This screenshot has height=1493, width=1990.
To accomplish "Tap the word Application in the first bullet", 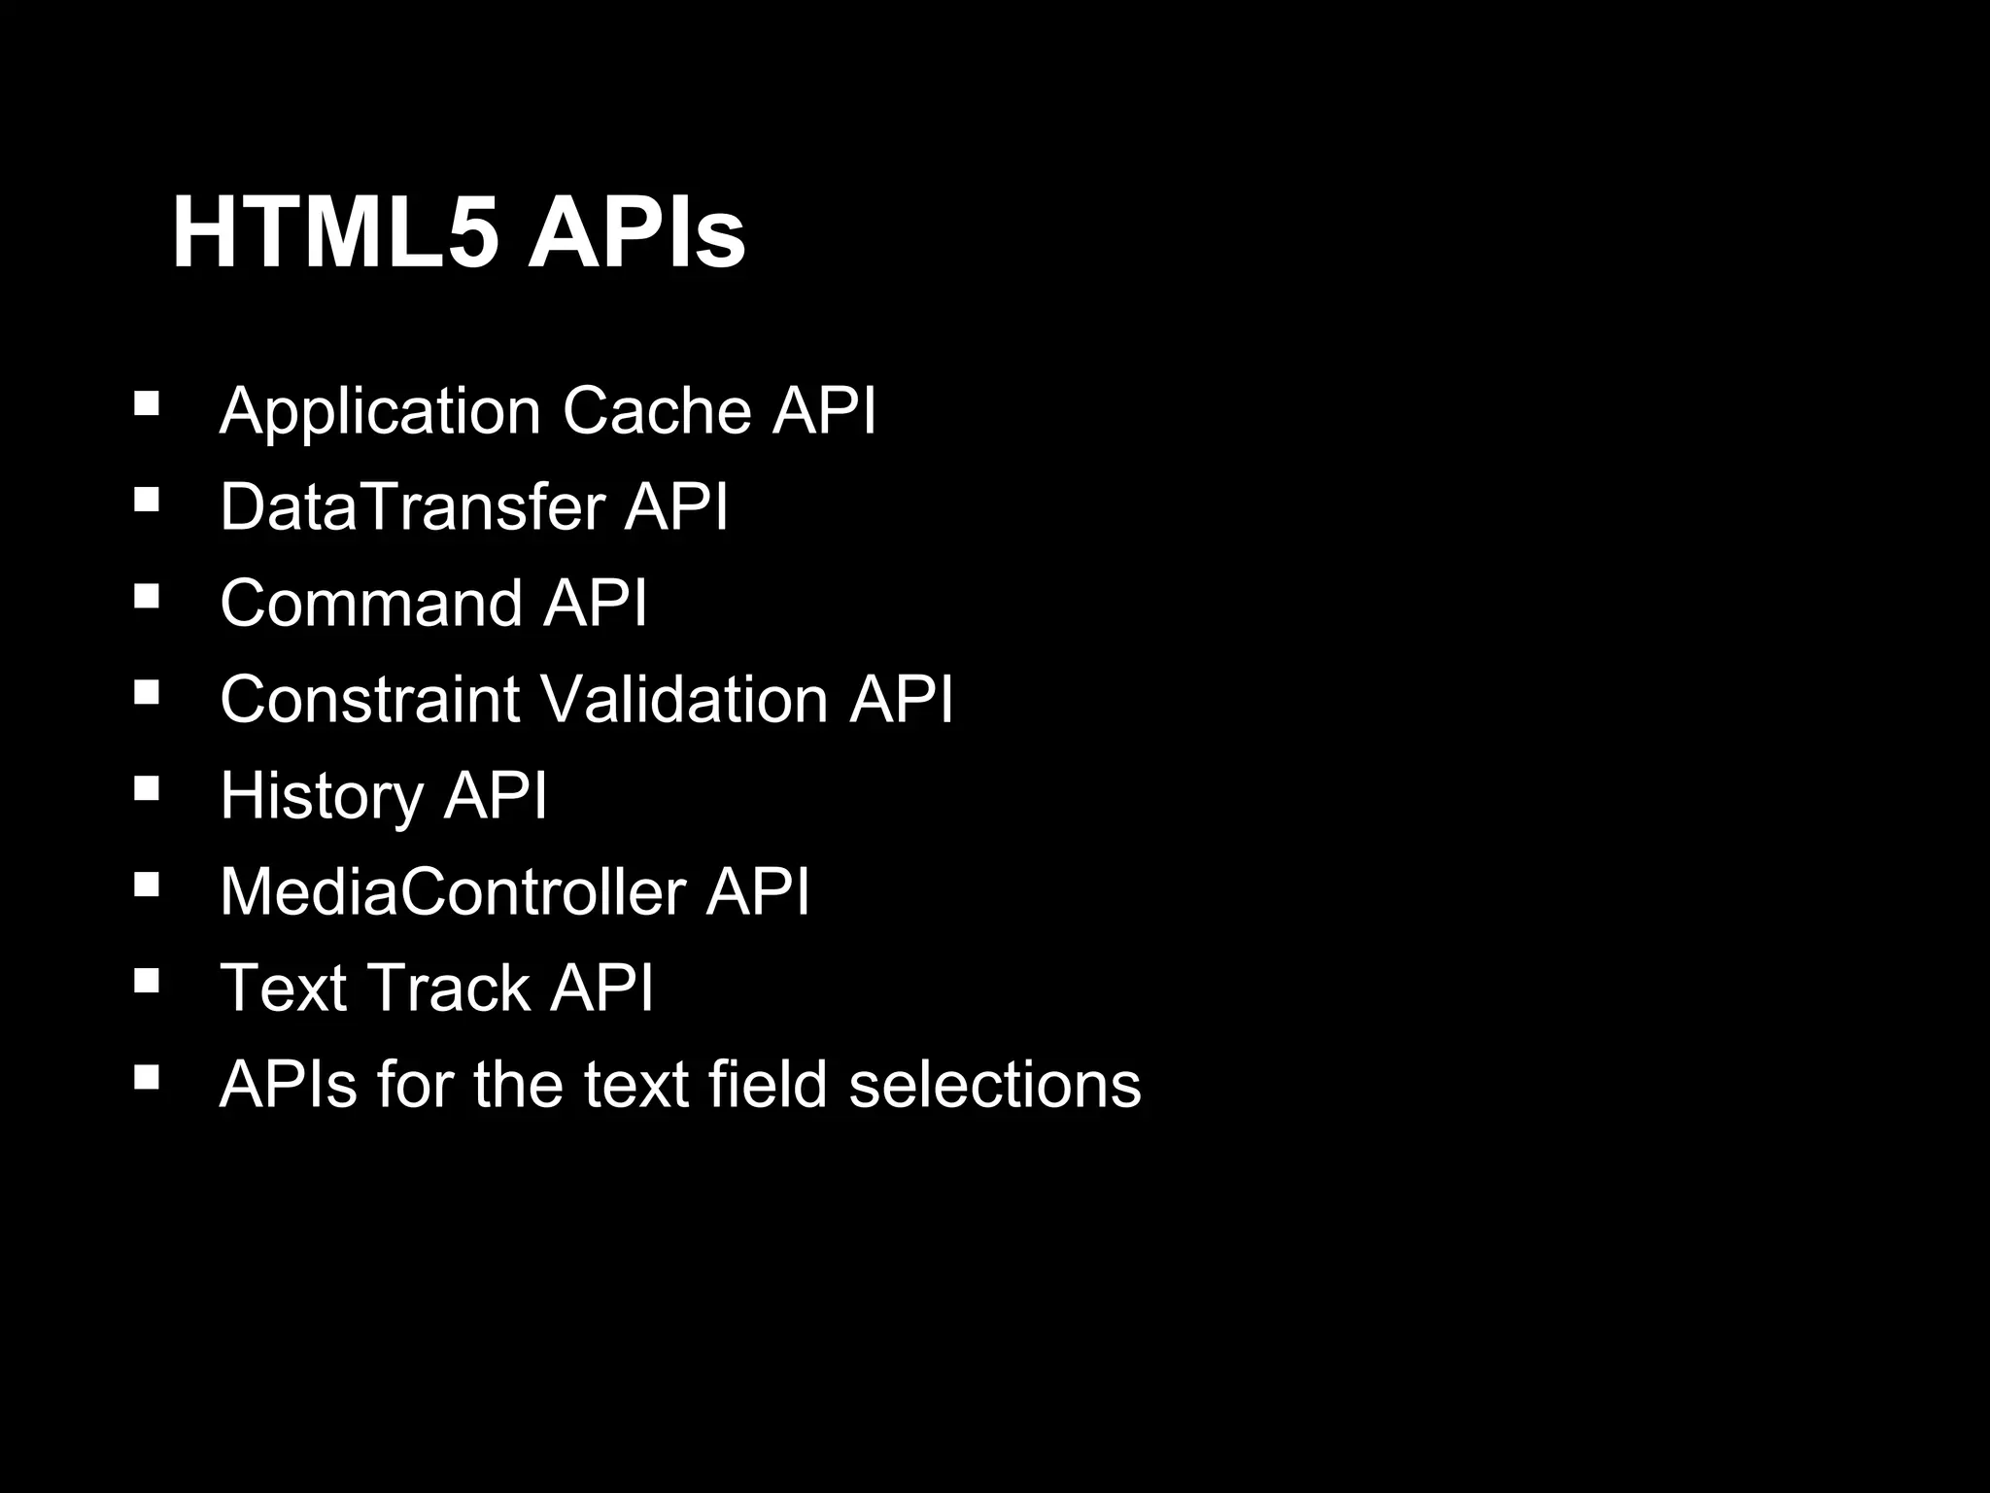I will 380,411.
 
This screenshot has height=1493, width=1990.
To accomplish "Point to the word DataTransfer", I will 413,506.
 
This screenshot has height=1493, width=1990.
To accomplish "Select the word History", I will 321,796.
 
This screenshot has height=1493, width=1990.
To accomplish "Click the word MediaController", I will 453,891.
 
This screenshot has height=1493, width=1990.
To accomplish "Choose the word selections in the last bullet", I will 995,1084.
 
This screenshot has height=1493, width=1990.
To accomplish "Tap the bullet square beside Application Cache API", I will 147,402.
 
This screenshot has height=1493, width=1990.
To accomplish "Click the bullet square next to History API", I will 147,787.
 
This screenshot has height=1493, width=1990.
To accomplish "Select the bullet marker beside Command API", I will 147,595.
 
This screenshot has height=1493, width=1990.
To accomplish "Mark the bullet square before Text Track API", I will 147,980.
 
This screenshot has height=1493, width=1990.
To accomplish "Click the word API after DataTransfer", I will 676,506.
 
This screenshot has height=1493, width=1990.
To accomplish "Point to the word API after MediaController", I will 758,891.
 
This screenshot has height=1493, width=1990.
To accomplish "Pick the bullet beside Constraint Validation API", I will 147,691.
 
